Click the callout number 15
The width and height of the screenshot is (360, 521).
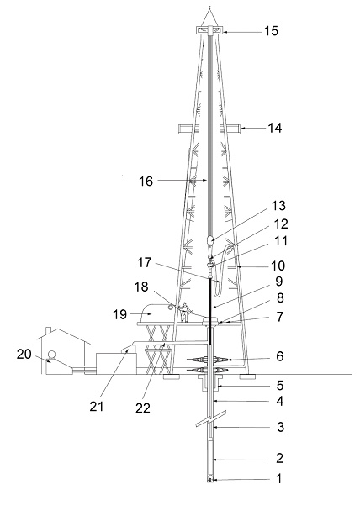271,31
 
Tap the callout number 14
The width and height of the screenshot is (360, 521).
275,128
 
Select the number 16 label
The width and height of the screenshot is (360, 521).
146,182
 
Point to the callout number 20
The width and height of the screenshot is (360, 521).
24,355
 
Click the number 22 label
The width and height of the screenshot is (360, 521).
143,408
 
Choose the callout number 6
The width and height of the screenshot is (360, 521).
280,356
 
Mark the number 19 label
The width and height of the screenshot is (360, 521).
119,314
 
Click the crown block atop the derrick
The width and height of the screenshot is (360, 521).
210,31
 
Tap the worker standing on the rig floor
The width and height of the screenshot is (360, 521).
185,313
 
